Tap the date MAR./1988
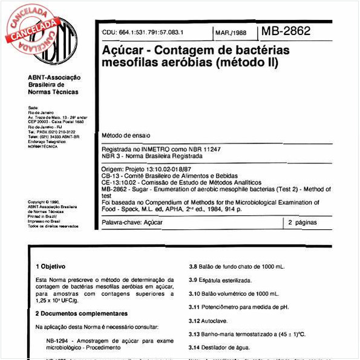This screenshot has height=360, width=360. click(x=231, y=32)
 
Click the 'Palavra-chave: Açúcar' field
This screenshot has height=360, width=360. click(x=132, y=223)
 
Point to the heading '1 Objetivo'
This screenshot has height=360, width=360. click(x=51, y=266)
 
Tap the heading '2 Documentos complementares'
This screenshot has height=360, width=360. click(x=81, y=313)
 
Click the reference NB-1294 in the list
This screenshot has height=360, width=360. click(x=57, y=341)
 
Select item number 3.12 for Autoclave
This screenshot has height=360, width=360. click(x=194, y=321)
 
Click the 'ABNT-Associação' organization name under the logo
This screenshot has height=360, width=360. click(x=54, y=77)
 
